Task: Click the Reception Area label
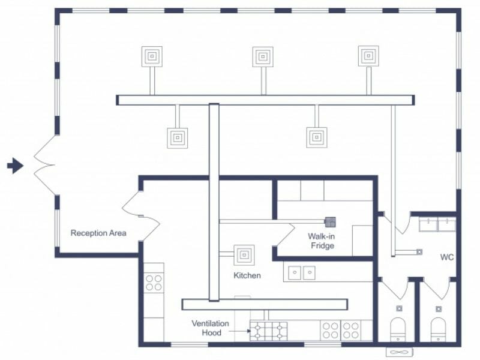pos(98,233)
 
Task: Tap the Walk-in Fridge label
pos(321,241)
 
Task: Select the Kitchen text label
pos(247,275)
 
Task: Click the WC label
pos(446,257)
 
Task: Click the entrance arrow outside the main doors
pos(15,166)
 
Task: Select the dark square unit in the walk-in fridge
pos(329,221)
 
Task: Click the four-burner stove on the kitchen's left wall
pos(154,283)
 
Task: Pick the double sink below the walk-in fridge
pos(301,273)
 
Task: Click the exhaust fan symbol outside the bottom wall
pos(399,352)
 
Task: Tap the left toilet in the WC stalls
pos(399,328)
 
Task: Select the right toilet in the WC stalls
pos(439,328)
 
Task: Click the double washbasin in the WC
pos(437,224)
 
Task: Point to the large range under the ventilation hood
pos(268,331)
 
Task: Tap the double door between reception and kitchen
pos(142,216)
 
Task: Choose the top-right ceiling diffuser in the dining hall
pos(368,56)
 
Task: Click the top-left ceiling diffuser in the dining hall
pos(152,56)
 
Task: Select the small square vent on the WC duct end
pos(419,251)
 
